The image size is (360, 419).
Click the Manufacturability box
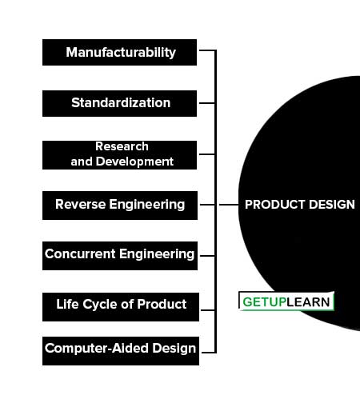click(119, 53)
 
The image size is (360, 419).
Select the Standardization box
click(119, 103)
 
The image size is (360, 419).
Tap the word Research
click(122, 146)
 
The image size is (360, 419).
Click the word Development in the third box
click(134, 162)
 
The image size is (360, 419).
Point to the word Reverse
click(81, 205)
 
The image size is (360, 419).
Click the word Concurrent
click(80, 253)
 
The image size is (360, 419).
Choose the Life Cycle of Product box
click(121, 307)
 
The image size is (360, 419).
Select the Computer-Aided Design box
click(121, 351)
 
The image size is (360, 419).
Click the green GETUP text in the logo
click(264, 302)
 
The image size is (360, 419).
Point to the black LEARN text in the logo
click(308, 302)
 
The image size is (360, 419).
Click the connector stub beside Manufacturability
click(207, 50)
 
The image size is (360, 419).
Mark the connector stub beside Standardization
click(207, 103)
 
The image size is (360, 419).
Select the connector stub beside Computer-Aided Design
click(209, 353)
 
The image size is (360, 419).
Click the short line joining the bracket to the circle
click(229, 205)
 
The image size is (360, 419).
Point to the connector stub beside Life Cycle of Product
click(208, 310)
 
